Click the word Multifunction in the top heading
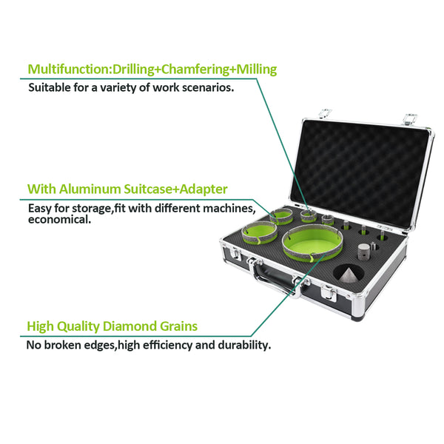pos(68,70)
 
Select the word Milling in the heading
pos(257,70)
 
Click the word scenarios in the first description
pos(208,87)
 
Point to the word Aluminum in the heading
pos(90,189)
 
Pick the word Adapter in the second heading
pos(203,189)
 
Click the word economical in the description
pos(59,220)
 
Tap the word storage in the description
pos(90,209)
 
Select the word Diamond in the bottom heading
pos(129,326)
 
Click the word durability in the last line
pos(244,345)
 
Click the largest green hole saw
pos(312,243)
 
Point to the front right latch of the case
pos(329,292)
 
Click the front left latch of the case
pos(235,253)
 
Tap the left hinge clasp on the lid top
pos(325,113)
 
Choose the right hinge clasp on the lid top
pos(410,118)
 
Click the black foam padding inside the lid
pos(360,172)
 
